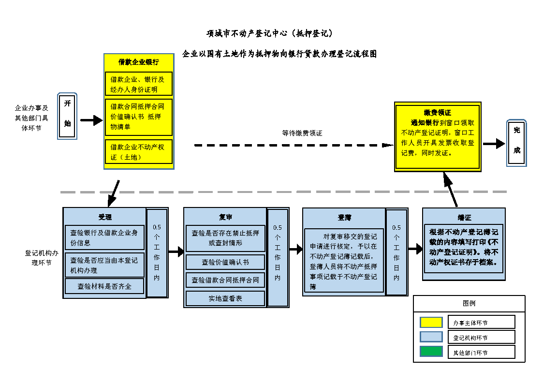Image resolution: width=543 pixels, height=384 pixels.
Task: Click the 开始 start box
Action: (67, 116)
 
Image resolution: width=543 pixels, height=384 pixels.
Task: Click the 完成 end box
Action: (516, 143)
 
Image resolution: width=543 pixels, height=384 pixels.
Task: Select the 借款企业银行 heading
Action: (139, 62)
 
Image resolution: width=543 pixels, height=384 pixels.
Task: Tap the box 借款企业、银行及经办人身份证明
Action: (139, 84)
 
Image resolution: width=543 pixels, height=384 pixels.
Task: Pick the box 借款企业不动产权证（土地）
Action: (139, 152)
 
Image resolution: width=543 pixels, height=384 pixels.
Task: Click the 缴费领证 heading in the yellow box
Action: (438, 113)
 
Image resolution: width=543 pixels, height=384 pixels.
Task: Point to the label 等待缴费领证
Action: (302, 133)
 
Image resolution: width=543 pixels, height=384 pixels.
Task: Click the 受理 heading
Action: (105, 217)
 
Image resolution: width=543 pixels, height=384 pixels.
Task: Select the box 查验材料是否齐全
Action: (105, 286)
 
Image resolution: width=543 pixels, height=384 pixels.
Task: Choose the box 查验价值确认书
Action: (225, 262)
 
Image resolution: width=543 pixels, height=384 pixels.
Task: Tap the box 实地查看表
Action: (225, 298)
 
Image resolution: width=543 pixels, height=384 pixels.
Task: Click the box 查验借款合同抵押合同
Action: (225, 280)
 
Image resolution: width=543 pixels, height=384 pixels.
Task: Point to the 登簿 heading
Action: (344, 218)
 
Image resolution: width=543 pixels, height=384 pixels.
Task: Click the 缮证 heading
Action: (464, 218)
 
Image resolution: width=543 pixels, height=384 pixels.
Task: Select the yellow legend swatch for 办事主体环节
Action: (431, 322)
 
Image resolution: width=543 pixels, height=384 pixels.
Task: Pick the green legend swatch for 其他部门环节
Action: (431, 352)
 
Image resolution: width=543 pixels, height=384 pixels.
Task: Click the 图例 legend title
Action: (469, 303)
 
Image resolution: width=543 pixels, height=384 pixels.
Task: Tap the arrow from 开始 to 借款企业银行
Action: (91, 120)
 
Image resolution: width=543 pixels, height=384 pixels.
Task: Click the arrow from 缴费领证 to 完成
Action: (494, 144)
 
